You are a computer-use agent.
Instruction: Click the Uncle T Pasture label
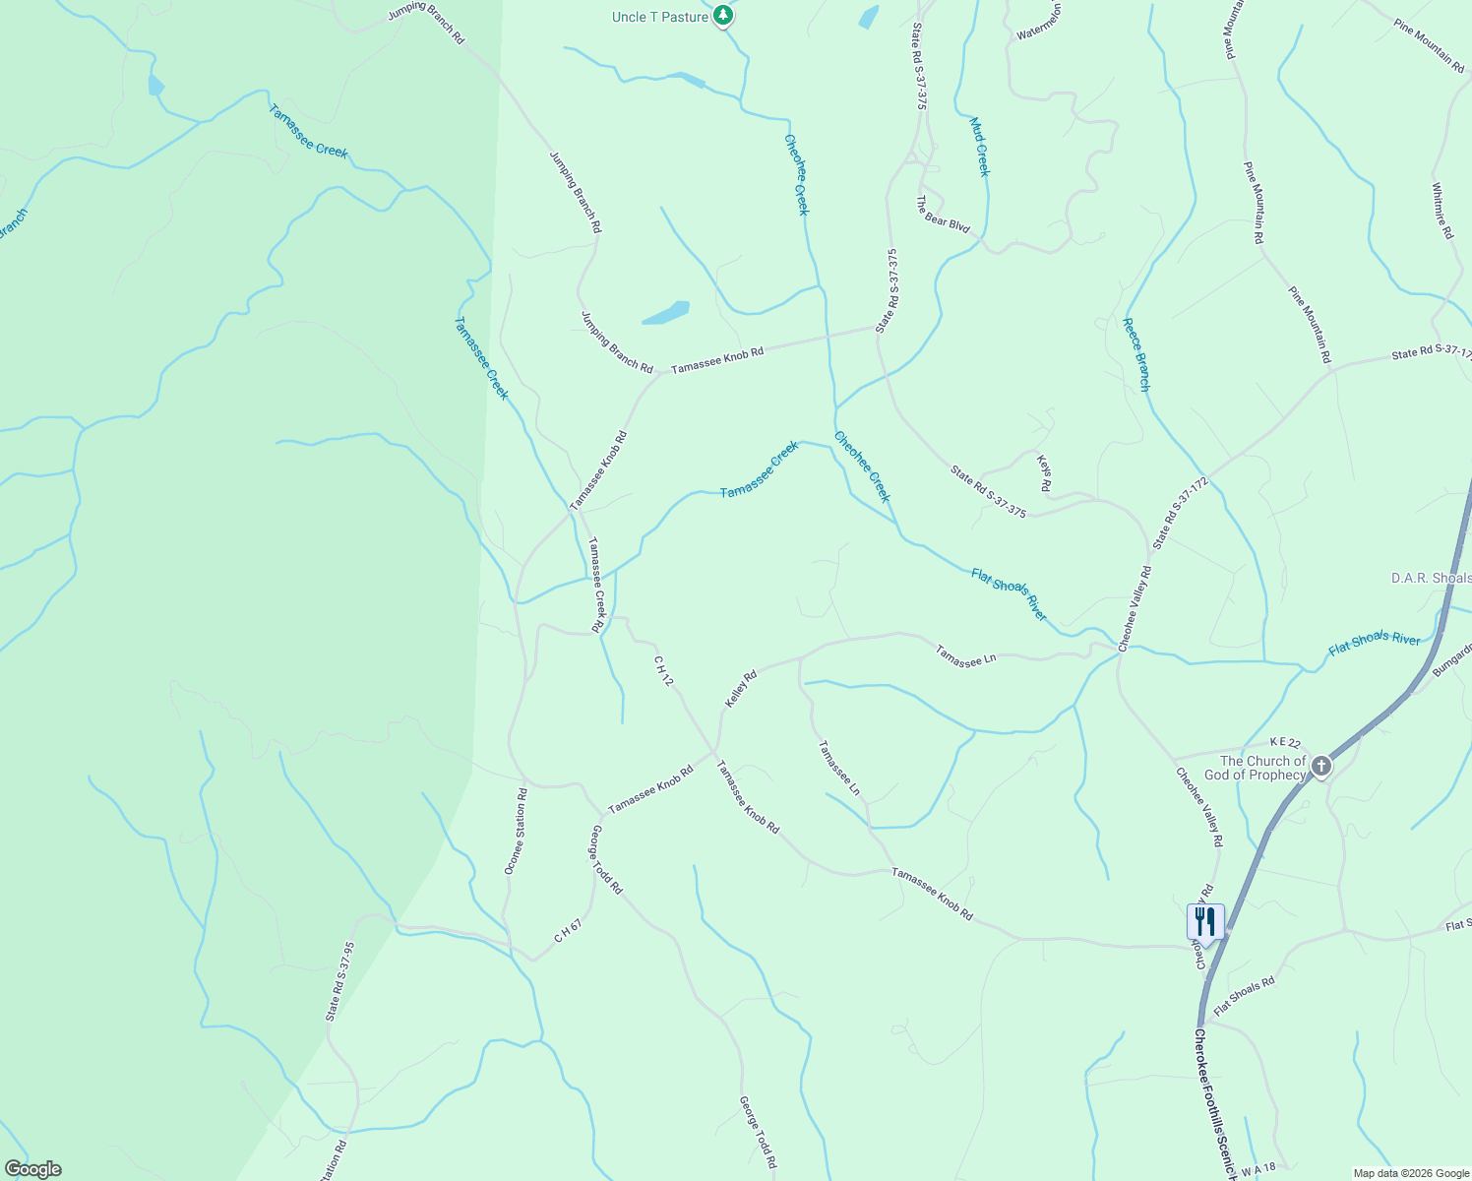659,17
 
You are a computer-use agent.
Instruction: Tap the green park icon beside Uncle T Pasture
723,16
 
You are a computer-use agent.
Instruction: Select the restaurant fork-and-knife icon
1205,922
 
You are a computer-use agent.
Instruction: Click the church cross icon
1321,766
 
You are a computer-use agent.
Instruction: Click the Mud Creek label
979,148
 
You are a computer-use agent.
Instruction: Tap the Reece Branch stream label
1136,354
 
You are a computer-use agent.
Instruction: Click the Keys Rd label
1044,472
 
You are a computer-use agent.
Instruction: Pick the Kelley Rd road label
741,688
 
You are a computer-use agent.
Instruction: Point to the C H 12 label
663,672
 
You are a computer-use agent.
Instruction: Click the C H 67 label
568,931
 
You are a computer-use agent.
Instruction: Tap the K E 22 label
1285,742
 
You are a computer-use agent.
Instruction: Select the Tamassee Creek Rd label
595,584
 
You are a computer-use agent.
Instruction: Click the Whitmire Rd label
1441,212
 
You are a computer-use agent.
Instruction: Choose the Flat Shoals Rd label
1244,996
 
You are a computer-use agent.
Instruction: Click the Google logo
32,1169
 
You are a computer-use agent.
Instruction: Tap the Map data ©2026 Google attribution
1409,1173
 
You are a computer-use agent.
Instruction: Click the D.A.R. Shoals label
1431,578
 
